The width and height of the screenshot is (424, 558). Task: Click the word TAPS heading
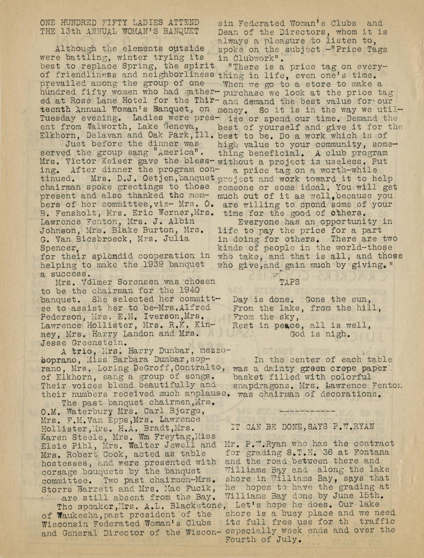(x=289, y=283)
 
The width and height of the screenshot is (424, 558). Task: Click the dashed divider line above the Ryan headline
(x=307, y=410)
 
